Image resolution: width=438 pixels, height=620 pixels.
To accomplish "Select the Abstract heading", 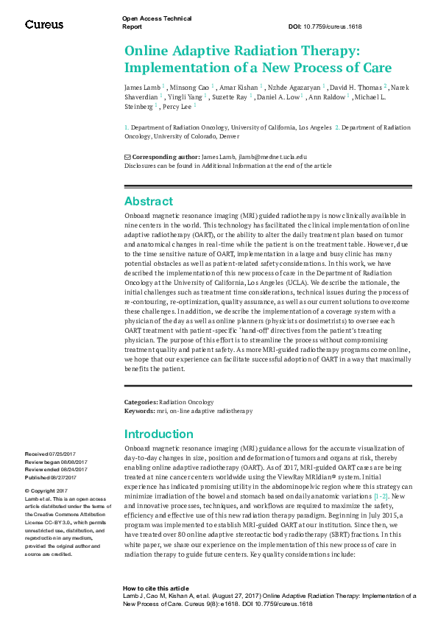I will pos(149,201).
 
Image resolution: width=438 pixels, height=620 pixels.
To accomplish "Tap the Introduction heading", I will pos(158,434).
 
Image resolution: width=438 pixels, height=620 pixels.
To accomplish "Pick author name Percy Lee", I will pos(177,106).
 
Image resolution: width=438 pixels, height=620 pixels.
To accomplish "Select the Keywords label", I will pos(140,411).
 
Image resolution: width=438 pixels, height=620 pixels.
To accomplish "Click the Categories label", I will pos(141,403).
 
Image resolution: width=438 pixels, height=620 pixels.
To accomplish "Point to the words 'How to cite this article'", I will pos(155,588).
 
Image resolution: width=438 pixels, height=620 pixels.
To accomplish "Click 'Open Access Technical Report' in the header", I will pos(156,22).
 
